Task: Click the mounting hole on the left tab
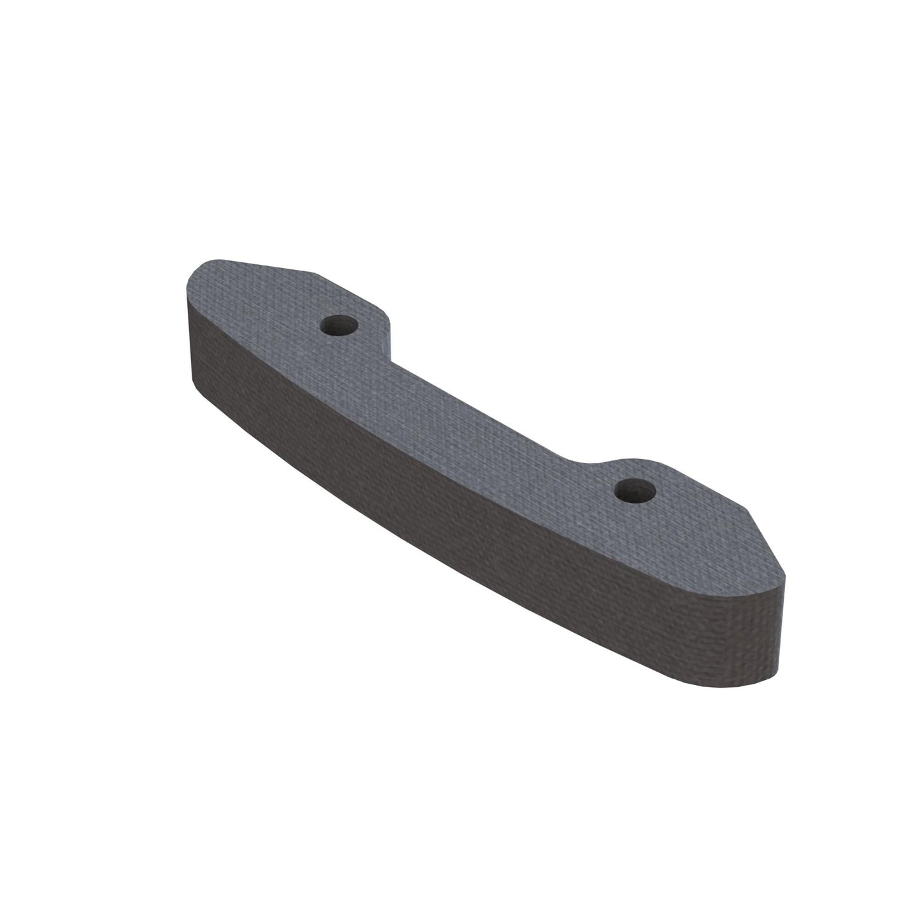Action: point(338,326)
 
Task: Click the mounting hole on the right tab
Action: point(636,490)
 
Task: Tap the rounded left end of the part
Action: point(191,287)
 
